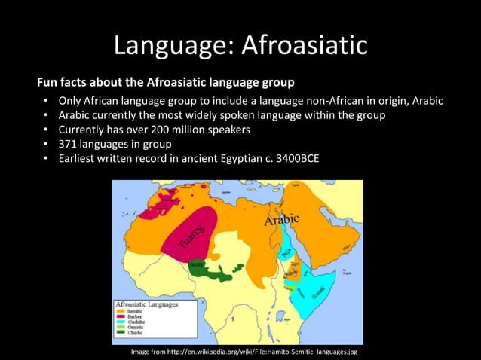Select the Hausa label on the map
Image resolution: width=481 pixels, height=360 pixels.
(x=197, y=264)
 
